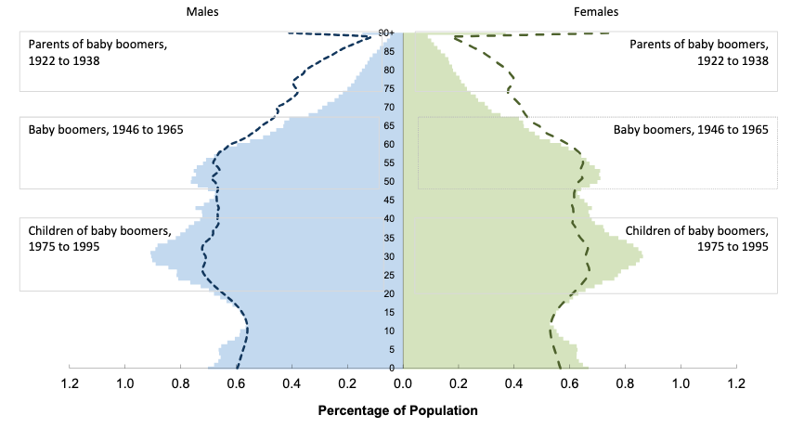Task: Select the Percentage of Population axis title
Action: coord(397,409)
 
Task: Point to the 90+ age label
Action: coord(386,34)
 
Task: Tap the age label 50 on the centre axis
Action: coord(390,182)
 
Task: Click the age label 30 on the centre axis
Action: coord(390,256)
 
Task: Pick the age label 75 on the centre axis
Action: coord(390,89)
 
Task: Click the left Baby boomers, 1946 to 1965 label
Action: coord(106,129)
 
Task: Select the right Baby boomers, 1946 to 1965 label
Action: coord(691,129)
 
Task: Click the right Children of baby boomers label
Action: coord(697,239)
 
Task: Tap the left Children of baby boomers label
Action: coord(100,239)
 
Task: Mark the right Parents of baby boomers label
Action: coord(699,52)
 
